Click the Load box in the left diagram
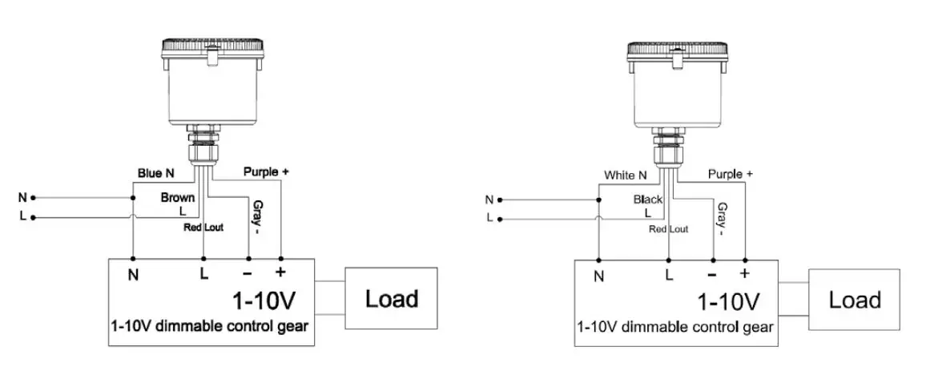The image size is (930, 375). (392, 299)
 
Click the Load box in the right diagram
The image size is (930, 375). (855, 300)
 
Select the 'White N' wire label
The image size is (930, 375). (626, 175)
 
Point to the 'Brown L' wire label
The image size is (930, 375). (178, 203)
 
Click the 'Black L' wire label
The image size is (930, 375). (647, 205)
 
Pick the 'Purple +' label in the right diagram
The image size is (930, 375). (730, 174)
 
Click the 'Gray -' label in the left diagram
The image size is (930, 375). (256, 217)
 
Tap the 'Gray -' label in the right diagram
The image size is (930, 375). (721, 220)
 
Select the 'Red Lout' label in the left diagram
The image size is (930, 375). (203, 228)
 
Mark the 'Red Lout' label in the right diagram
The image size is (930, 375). (668, 229)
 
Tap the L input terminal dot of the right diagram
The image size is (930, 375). (500, 219)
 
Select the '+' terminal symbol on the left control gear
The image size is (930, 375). (281, 272)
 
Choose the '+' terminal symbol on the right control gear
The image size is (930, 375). (745, 274)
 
